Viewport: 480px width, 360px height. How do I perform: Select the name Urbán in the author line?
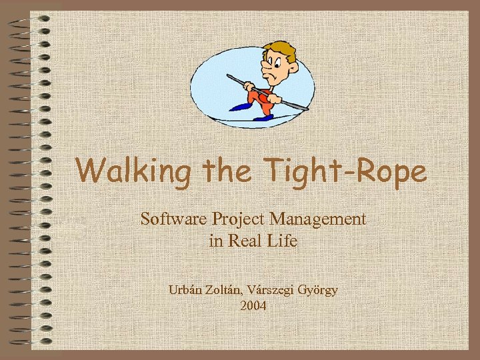point(187,289)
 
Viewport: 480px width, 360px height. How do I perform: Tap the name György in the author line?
point(318,289)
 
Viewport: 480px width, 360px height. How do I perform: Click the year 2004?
point(253,306)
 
